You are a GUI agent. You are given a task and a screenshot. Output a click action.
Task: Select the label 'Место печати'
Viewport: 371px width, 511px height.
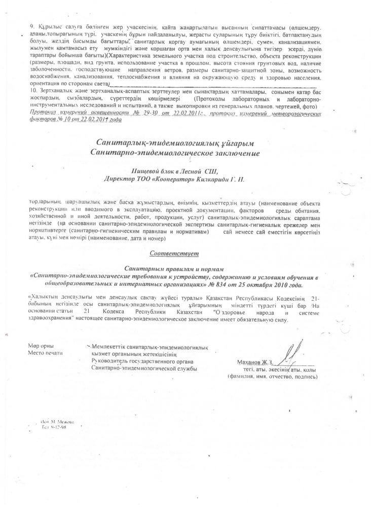pos(45,353)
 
